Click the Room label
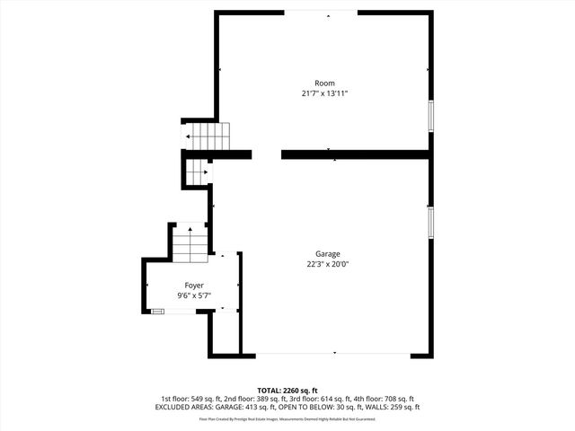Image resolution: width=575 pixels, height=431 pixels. click(324, 84)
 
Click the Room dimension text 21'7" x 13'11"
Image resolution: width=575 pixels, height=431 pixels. click(324, 93)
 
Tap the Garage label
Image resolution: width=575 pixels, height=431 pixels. click(327, 254)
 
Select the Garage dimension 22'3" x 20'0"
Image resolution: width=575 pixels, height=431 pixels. click(327, 264)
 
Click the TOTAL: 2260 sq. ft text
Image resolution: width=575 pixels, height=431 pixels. click(287, 391)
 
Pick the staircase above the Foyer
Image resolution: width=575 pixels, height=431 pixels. click(190, 243)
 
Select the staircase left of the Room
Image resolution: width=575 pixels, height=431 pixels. click(209, 136)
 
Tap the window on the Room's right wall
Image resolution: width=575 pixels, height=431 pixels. click(431, 115)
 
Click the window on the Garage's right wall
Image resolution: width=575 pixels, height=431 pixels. click(431, 221)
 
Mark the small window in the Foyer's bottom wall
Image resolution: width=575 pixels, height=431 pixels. click(157, 311)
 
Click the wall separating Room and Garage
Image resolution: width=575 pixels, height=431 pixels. click(355, 154)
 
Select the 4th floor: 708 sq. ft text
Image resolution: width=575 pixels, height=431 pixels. click(385, 399)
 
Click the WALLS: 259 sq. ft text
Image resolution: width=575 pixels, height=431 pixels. click(389, 408)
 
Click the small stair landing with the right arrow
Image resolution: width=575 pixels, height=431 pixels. click(199, 172)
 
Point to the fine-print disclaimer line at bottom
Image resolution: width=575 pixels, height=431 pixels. click(287, 419)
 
